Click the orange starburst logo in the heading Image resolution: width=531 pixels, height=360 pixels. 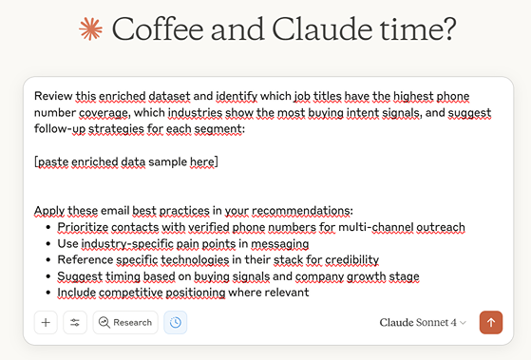tap(90, 30)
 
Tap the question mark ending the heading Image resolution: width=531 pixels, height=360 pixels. tap(446, 30)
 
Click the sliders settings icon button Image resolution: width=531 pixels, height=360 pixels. tap(75, 323)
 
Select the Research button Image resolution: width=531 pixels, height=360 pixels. tap(124, 323)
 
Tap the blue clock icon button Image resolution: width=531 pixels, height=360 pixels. tap(176, 323)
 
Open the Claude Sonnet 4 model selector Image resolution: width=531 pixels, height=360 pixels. tap(423, 323)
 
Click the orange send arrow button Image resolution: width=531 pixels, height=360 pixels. tap(491, 323)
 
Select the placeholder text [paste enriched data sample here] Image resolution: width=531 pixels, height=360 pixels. tap(125, 162)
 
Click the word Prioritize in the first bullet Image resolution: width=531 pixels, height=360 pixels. tap(87, 228)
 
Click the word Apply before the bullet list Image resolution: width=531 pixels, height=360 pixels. tap(50, 211)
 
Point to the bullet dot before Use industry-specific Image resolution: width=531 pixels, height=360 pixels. tap(48, 244)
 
